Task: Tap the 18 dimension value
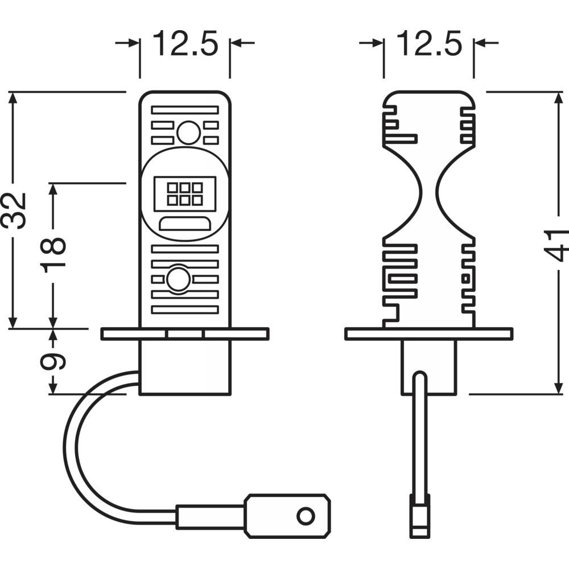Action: point(55,254)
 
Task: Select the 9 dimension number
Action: point(55,361)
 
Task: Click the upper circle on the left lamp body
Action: point(188,133)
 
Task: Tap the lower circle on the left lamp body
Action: point(179,279)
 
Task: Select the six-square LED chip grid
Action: point(185,193)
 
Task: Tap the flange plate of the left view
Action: point(185,334)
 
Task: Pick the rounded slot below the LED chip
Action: point(185,224)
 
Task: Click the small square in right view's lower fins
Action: point(465,278)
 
